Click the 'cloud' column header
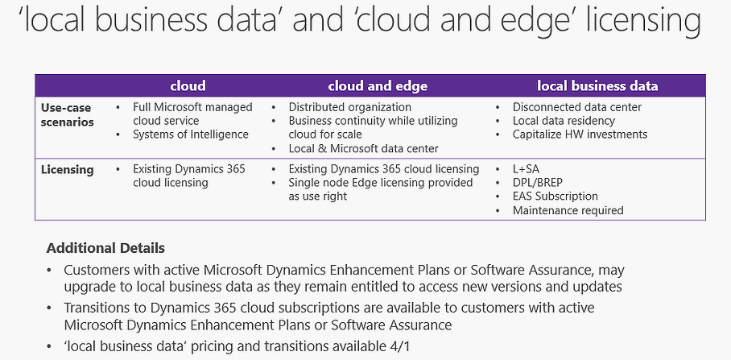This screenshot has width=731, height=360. [x=188, y=86]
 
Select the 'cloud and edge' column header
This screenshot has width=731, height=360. [x=378, y=86]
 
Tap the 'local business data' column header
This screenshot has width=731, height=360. [x=597, y=86]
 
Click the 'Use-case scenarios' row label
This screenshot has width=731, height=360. [x=67, y=114]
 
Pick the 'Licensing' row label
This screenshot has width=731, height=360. [x=67, y=170]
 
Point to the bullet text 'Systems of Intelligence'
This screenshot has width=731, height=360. [x=191, y=134]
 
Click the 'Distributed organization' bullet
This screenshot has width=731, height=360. [x=349, y=107]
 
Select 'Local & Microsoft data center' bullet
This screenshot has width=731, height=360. [x=364, y=149]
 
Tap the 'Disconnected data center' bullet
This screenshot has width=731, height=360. [x=577, y=107]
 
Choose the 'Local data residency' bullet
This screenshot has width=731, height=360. [x=564, y=121]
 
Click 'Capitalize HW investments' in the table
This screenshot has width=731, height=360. [x=580, y=134]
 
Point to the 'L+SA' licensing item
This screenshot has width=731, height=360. [x=526, y=169]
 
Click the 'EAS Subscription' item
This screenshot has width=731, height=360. [x=555, y=197]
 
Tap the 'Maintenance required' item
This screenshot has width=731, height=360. [x=568, y=210]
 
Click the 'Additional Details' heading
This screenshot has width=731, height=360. [x=105, y=248]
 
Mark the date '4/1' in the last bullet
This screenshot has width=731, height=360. [x=402, y=346]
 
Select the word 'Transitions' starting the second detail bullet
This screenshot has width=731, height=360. [x=95, y=308]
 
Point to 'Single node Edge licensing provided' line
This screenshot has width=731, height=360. [x=381, y=183]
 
